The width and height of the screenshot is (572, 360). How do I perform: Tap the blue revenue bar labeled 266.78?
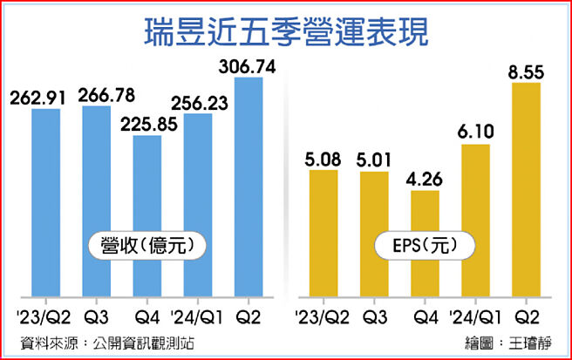pyautogui.click(x=97, y=200)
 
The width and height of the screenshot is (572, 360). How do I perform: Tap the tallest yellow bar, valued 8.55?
pyautogui.click(x=527, y=187)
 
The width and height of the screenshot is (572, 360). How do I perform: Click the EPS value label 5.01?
pyautogui.click(x=374, y=160)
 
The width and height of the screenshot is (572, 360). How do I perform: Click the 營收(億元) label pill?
pyautogui.click(x=146, y=247)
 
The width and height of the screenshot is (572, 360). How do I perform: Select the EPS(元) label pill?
pyautogui.click(x=426, y=247)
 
